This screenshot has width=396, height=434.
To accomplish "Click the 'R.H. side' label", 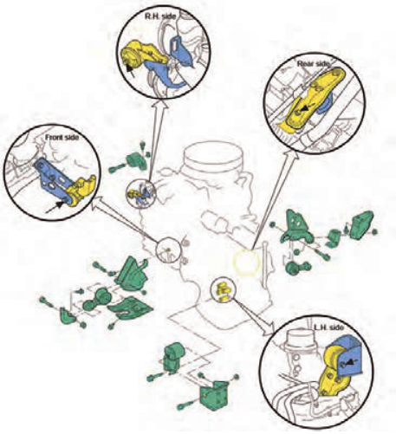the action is click(159, 16).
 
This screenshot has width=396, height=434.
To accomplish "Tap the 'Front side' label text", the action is click(62, 138).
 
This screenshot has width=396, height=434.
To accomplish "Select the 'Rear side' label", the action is click(313, 63).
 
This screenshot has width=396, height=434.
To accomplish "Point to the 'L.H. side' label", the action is click(328, 327).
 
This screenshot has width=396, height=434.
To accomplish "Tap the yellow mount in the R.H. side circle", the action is click(141, 55).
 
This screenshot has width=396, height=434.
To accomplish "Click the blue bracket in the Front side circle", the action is click(55, 177).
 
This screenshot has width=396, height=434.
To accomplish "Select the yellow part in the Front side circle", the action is click(81, 191).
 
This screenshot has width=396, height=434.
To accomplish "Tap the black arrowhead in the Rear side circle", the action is click(304, 109).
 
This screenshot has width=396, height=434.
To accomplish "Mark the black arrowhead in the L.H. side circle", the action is click(350, 361).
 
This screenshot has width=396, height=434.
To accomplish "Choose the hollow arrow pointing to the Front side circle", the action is click(125, 219).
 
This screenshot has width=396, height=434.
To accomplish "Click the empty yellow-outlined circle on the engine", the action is click(246, 262).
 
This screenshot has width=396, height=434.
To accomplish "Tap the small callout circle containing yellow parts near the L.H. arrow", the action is click(224, 290).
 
